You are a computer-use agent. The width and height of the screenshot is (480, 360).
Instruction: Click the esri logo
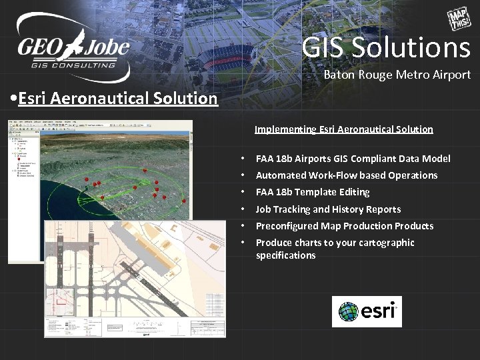click(x=367, y=311)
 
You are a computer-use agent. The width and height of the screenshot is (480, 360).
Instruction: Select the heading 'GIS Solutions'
click(x=386, y=47)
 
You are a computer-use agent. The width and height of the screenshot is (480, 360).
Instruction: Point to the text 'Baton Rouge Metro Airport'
click(x=397, y=75)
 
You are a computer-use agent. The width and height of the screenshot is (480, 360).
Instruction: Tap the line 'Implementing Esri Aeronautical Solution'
click(x=343, y=129)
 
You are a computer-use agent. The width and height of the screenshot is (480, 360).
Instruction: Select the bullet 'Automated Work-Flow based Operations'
click(x=347, y=175)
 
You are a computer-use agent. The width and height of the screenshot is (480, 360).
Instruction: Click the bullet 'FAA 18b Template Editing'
click(x=313, y=192)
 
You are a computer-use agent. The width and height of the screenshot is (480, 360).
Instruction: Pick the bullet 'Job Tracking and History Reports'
click(x=328, y=209)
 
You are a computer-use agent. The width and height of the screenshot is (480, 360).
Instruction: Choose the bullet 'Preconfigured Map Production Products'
click(x=345, y=226)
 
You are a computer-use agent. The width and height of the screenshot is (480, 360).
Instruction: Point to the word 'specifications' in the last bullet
click(x=285, y=255)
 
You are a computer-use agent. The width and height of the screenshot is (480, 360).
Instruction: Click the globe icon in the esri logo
click(x=349, y=312)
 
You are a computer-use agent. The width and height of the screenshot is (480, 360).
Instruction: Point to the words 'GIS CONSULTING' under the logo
click(x=73, y=65)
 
